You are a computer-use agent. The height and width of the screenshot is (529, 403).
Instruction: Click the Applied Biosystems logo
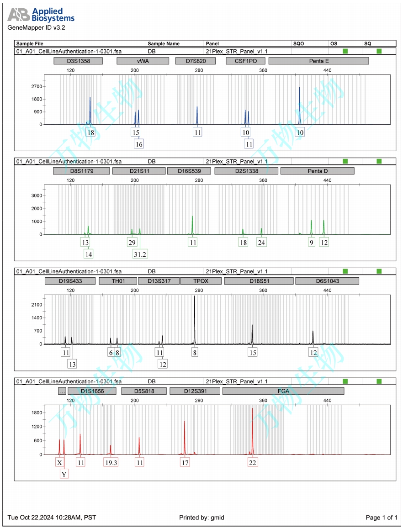41,15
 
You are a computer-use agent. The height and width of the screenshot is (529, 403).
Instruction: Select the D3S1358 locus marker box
78,61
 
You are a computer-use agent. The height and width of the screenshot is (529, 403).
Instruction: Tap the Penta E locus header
318,61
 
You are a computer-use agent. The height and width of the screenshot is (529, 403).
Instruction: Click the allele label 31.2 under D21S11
139,254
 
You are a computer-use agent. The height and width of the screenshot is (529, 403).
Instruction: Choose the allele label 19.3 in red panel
111,462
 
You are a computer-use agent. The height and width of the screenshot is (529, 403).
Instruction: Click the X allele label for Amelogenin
59,462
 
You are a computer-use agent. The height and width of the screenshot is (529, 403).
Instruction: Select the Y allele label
64,474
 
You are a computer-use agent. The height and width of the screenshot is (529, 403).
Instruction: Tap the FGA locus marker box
283,391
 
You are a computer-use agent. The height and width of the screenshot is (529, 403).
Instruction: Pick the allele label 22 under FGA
253,462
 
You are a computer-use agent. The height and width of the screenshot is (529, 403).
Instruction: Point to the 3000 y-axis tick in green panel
37,196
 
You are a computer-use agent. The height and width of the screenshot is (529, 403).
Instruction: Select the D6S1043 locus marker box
327,281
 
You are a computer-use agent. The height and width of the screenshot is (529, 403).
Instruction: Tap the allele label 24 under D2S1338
261,242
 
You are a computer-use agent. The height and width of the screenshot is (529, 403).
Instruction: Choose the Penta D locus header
317,171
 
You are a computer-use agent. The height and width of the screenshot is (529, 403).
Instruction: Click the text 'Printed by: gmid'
201,518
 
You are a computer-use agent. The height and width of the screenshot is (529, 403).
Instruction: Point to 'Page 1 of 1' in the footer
382,518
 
